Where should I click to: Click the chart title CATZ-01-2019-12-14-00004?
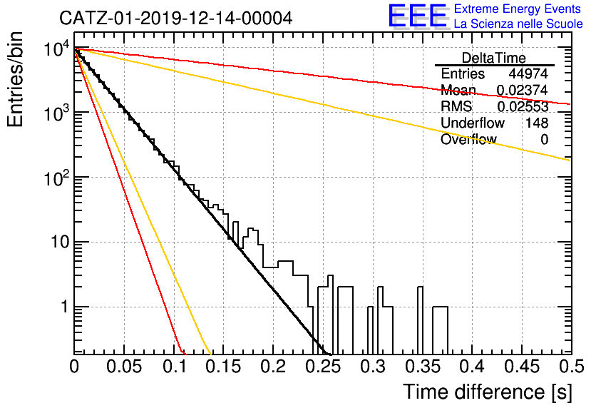tap(175, 18)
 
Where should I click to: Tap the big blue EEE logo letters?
tap(418, 16)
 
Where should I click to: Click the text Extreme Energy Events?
tap(518, 9)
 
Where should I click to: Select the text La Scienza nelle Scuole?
tap(518, 24)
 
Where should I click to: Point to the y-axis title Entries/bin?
tap(15, 80)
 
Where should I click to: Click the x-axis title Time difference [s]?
tap(488, 392)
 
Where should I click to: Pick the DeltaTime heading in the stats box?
tap(494, 58)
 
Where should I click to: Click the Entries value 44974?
tap(528, 73)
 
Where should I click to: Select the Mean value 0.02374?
tap(523, 90)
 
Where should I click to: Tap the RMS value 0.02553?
tap(523, 106)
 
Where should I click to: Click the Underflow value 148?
tap(537, 123)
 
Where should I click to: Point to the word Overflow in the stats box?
tap(468, 139)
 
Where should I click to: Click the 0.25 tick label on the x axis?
tap(323, 367)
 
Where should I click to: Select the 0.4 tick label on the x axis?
tap(472, 367)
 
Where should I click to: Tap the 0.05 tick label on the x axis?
tap(124, 367)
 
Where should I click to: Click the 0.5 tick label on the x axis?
tap(571, 367)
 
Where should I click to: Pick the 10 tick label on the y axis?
tap(60, 242)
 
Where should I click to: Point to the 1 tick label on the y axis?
tap(65, 307)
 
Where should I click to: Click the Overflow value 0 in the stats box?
tap(544, 139)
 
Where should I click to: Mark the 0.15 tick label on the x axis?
tap(224, 367)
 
